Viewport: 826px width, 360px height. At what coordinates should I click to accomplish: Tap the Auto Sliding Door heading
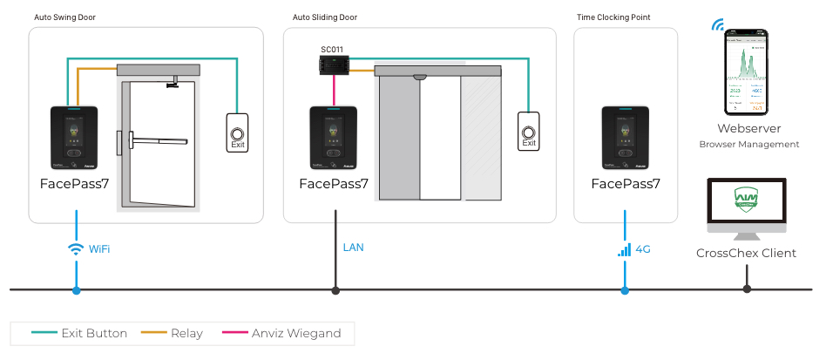323,17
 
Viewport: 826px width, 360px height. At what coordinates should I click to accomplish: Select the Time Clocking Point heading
613,17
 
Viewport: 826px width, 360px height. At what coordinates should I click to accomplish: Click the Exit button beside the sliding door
527,133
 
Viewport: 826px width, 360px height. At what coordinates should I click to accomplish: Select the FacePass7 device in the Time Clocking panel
625,138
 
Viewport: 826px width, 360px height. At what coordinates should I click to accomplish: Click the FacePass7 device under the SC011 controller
334,138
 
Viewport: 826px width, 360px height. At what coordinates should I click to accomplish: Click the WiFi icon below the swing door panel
76,249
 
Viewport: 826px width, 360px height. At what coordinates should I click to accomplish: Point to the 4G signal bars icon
624,249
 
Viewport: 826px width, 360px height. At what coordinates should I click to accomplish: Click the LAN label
353,248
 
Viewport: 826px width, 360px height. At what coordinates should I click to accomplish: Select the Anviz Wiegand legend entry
292,333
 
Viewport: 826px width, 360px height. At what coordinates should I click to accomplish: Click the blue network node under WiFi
76,289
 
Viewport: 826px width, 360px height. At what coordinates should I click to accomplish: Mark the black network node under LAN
335,289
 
